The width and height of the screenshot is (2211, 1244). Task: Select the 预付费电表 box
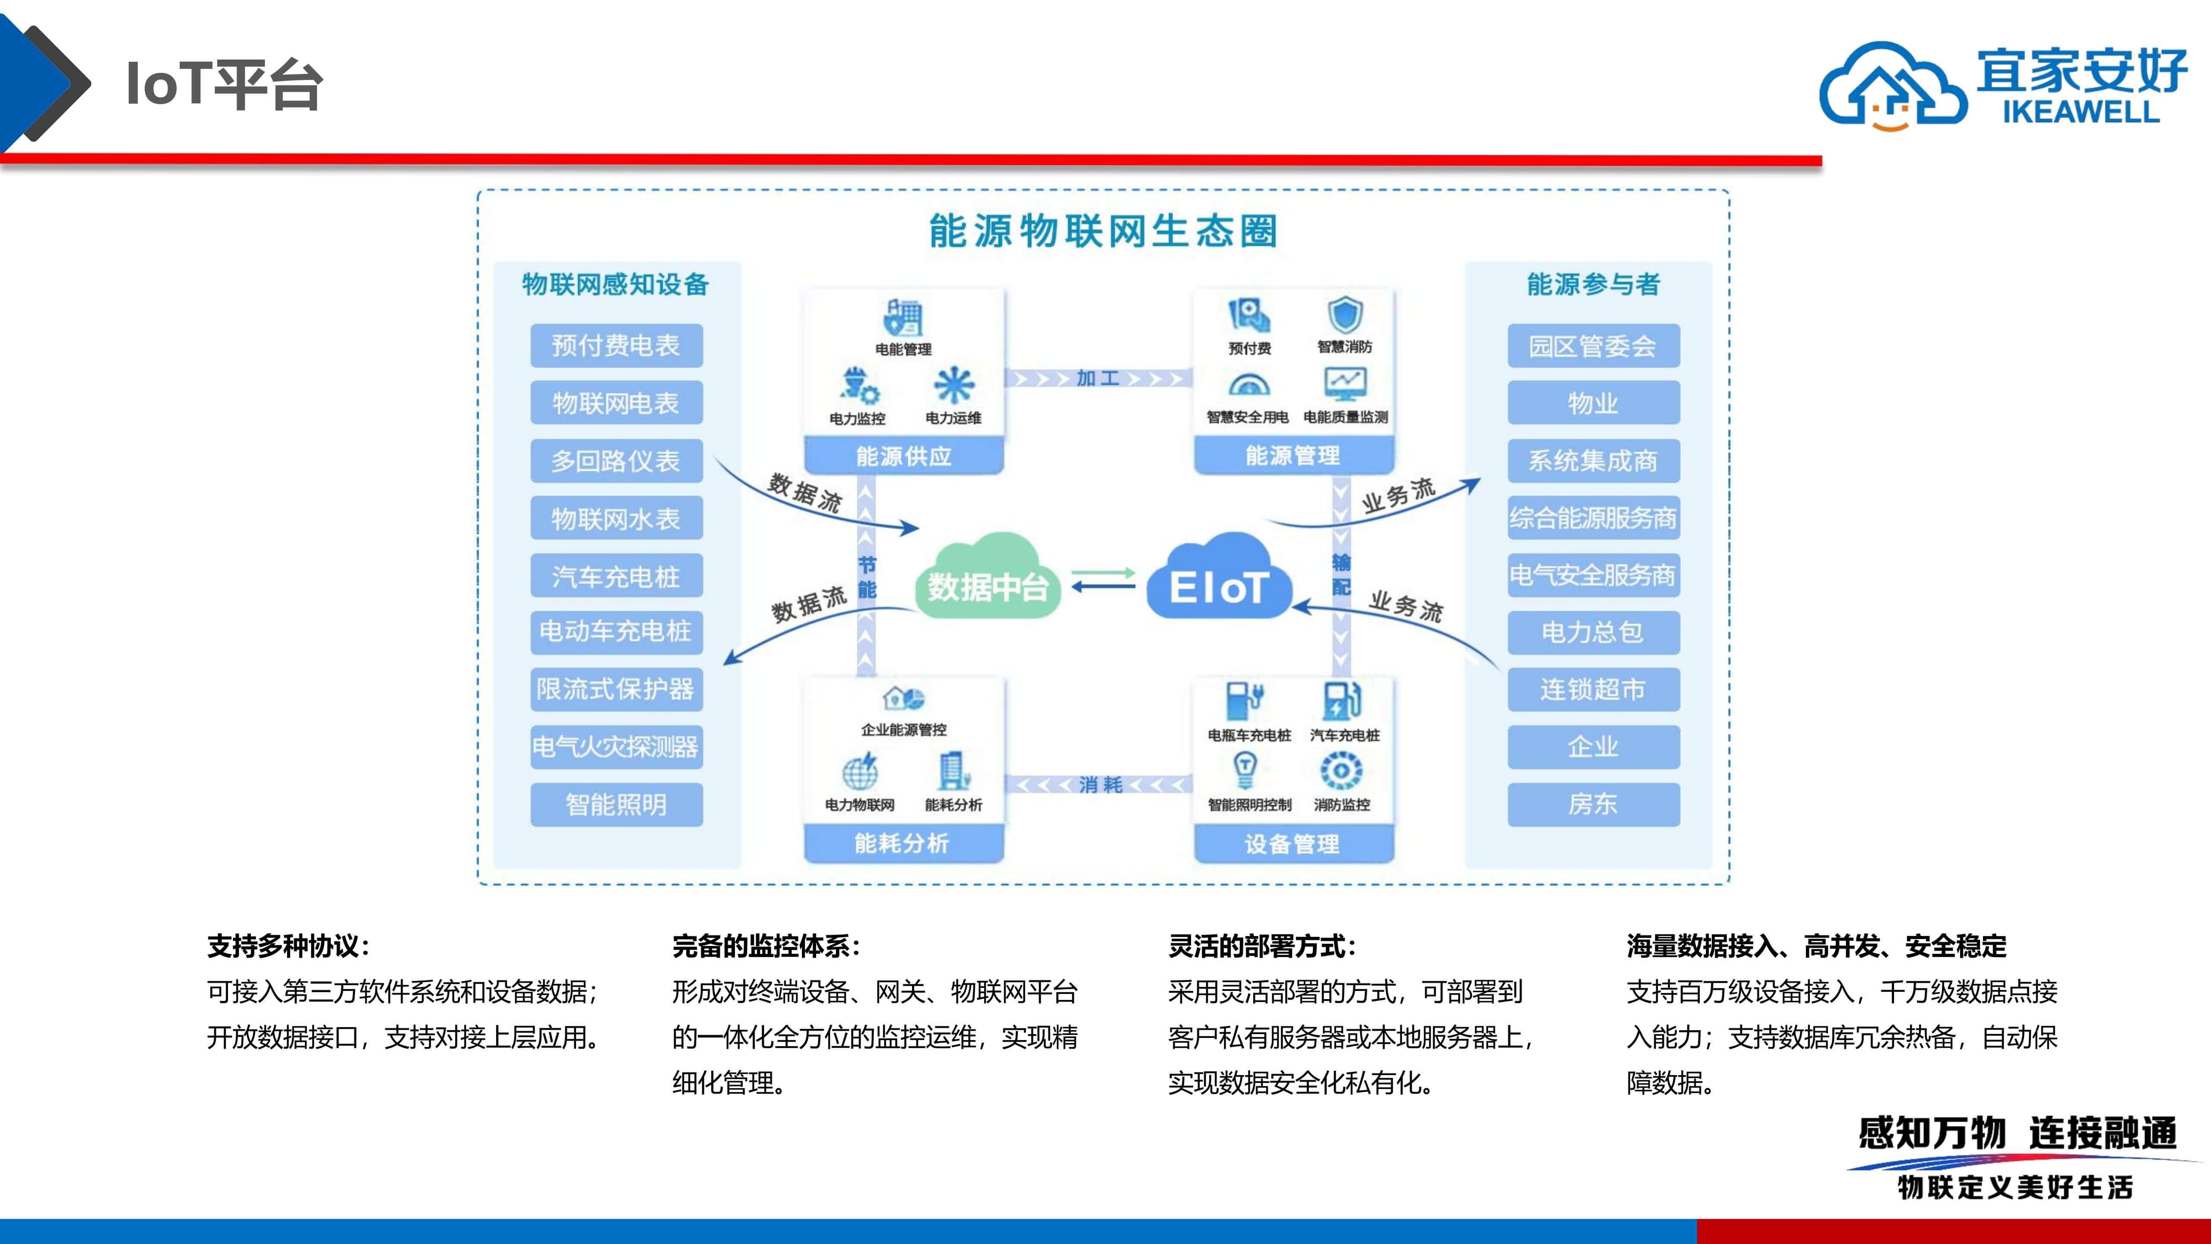coord(616,345)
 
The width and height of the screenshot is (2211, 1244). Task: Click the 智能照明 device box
coord(616,804)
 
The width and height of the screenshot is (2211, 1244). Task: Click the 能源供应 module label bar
coord(904,456)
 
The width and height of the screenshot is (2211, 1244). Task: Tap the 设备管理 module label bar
coord(1292,844)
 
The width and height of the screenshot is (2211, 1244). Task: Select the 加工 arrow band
coord(1099,379)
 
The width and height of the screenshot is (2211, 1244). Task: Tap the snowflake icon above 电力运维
coord(953,385)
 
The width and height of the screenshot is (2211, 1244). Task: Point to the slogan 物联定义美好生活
coord(2015,1187)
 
